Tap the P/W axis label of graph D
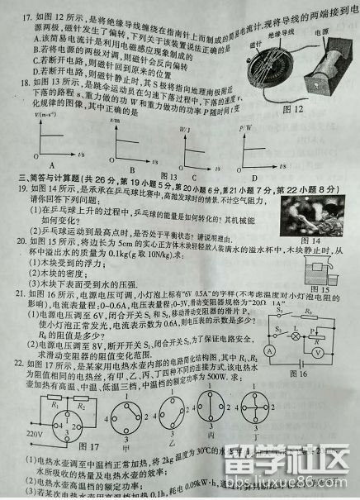[x=245, y=130]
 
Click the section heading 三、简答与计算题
[x=54, y=188]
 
